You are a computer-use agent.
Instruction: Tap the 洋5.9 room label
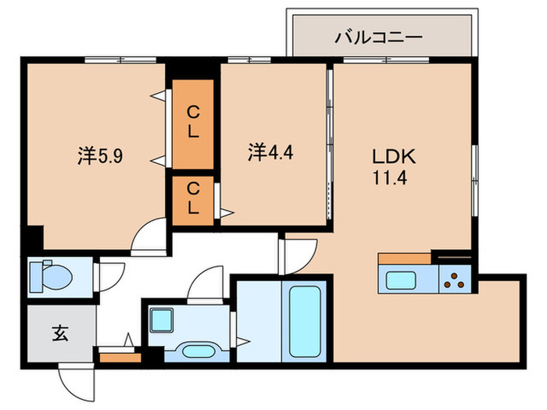[99, 154]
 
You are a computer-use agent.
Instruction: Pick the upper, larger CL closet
[192, 123]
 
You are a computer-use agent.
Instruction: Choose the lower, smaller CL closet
[192, 198]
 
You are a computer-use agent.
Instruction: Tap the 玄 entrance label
[59, 334]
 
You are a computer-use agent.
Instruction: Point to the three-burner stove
[455, 279]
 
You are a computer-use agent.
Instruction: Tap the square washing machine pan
[162, 319]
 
